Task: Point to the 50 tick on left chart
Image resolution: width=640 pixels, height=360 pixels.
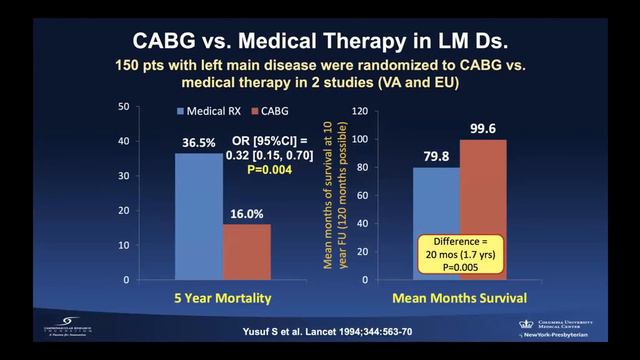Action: tap(150, 106)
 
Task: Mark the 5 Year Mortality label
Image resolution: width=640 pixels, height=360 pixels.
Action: tap(223, 299)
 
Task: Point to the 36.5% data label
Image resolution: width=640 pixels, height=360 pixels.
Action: tap(199, 143)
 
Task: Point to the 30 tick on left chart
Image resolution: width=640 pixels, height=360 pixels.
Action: tap(150, 175)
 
